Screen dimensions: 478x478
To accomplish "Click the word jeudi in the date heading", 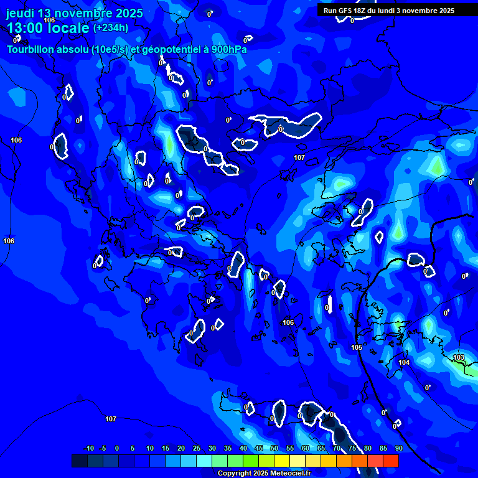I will (x=20, y=13).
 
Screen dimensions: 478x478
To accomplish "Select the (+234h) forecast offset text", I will (x=110, y=27).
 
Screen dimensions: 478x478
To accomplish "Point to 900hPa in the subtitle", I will (x=227, y=49).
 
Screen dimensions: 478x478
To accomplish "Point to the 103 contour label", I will (x=459, y=357).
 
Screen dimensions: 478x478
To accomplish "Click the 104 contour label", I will (x=404, y=362).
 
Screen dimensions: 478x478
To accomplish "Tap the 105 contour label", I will (x=357, y=347).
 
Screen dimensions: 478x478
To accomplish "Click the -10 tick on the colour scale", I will (x=88, y=448).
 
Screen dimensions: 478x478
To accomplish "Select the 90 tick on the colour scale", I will (x=398, y=448).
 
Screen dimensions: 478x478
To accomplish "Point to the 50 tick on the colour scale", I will (x=274, y=448).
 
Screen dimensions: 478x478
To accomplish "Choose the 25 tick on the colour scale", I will (x=197, y=448).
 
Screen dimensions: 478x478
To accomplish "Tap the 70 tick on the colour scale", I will (x=337, y=448).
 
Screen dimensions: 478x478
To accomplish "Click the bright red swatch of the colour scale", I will (x=390, y=461).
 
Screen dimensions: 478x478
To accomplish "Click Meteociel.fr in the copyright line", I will (x=290, y=474).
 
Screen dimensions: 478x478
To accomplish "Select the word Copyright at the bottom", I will (x=234, y=474).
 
